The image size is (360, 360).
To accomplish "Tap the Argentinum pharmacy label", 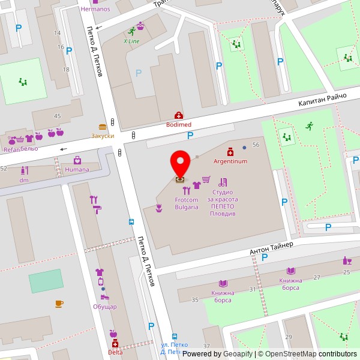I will pyautogui.click(x=230, y=161).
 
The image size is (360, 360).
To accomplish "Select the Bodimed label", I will pyautogui.click(x=179, y=124).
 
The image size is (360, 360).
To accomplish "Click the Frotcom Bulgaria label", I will pyautogui.click(x=187, y=203).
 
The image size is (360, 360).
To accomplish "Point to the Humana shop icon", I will pyautogui.click(x=77, y=160).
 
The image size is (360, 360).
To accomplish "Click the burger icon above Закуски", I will pyautogui.click(x=103, y=127).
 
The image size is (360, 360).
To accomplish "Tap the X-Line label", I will pyautogui.click(x=131, y=41).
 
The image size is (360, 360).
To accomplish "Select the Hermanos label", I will pyautogui.click(x=95, y=9).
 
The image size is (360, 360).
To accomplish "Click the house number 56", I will pyautogui.click(x=256, y=145).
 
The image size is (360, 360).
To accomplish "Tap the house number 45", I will pyautogui.click(x=58, y=116).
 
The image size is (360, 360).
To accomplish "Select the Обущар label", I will pyautogui.click(x=105, y=307).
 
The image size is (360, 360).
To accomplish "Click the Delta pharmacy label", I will pyautogui.click(x=115, y=352).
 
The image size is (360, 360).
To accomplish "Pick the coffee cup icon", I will pyautogui.click(x=59, y=304).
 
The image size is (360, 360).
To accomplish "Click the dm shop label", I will pyautogui.click(x=24, y=180).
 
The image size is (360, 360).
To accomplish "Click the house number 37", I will pyautogui.click(x=206, y=346).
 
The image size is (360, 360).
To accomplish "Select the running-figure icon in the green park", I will pyautogui.click(x=309, y=126).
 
